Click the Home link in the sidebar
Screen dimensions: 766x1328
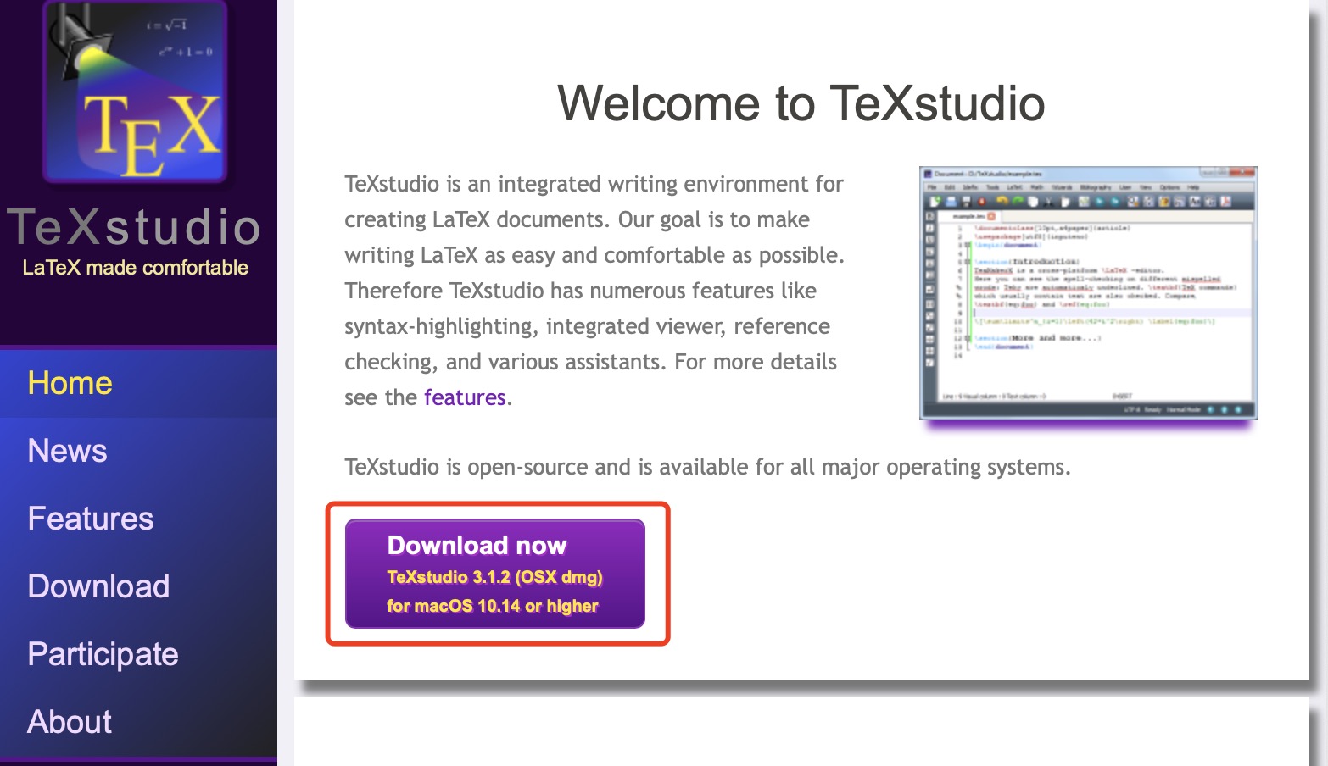point(70,383)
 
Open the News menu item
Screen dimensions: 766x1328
point(67,451)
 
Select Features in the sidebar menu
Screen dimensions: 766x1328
point(90,519)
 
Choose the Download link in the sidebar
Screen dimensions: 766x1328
point(98,586)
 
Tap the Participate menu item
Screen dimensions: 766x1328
point(103,654)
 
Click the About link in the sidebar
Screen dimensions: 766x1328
point(70,722)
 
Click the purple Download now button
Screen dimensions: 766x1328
point(494,574)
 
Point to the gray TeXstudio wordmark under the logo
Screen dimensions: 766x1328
point(135,227)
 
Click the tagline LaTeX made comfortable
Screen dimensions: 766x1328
point(135,268)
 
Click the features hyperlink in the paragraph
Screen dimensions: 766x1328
point(465,397)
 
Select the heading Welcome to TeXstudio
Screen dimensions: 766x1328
point(801,103)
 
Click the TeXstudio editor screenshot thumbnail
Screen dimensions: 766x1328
point(1088,292)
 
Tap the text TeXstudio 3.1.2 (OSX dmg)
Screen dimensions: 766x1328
point(494,577)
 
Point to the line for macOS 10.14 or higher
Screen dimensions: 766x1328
point(492,606)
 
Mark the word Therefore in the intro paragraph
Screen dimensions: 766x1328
point(393,291)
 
